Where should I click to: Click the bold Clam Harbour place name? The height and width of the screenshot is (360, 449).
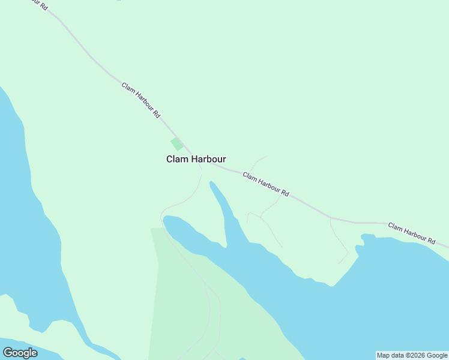point(196,160)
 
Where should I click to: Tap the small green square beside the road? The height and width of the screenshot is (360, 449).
point(176,144)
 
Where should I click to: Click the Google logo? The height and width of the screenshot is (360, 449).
point(20,353)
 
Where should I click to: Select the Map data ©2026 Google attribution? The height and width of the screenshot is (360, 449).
point(412,355)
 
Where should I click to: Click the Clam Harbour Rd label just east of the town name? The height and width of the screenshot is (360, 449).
point(266,184)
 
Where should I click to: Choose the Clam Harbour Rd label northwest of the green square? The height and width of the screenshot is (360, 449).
point(141,100)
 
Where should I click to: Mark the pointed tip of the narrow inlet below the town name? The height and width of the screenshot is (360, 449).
point(210,182)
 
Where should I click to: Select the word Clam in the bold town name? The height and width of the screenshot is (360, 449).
point(177,160)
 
